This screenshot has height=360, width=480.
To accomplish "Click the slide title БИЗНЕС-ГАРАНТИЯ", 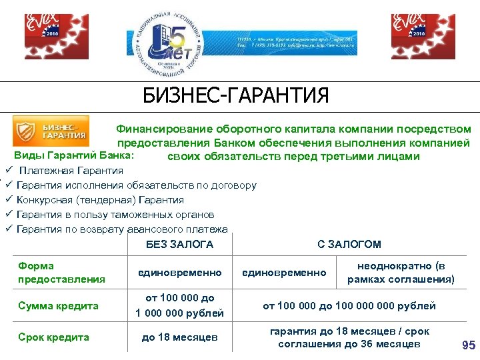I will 236,95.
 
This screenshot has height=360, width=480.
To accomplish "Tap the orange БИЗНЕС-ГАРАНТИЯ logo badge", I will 51,131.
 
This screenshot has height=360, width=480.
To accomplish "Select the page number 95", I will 468,345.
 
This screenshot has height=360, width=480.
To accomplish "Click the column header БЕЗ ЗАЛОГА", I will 179,245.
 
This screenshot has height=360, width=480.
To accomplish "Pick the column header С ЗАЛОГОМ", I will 349,245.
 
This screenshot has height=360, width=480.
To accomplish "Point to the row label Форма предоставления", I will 62,273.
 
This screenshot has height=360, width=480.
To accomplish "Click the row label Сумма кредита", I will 59,306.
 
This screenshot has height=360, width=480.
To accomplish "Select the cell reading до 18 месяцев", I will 179,337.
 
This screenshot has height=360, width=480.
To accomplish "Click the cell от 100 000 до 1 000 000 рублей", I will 179,305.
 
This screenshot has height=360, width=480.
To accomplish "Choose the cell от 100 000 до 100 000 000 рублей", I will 349,306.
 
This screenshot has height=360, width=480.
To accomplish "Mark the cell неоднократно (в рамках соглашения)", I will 401,273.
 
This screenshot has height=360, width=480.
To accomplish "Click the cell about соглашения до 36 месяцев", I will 349,344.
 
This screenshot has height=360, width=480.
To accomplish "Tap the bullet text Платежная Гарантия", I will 71,170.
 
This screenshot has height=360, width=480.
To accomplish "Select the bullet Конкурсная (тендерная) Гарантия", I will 100,199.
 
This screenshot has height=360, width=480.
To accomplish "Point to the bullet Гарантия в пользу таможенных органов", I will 115,215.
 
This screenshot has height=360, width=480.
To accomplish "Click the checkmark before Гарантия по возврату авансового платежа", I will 10,229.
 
